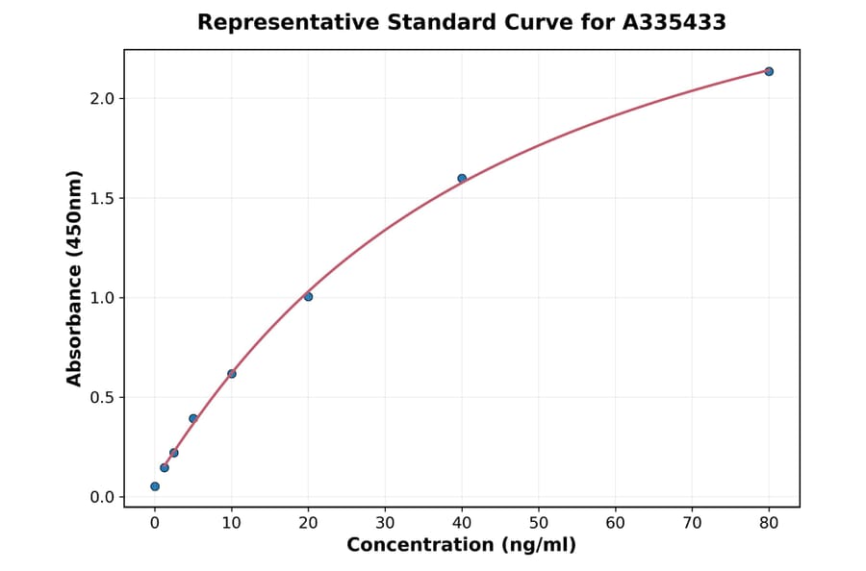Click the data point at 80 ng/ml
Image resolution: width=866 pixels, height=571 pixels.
(769, 71)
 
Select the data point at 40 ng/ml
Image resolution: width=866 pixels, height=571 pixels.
(462, 178)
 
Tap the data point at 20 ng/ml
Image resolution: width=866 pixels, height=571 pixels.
(308, 296)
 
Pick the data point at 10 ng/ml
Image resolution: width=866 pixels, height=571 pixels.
(232, 373)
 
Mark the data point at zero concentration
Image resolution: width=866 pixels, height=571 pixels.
(155, 486)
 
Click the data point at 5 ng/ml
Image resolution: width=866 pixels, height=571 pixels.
(193, 418)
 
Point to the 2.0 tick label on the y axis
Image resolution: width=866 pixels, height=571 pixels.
(102, 98)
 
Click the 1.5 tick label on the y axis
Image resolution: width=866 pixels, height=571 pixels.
(102, 198)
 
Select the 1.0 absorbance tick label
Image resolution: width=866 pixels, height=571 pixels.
(102, 298)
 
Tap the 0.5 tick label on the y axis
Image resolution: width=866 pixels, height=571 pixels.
(102, 397)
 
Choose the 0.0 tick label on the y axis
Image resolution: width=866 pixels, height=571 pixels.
(102, 497)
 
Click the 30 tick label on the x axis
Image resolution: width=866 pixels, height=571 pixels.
(385, 523)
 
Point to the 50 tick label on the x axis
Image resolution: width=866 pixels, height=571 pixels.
(539, 523)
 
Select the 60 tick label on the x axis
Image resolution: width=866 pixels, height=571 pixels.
(616, 523)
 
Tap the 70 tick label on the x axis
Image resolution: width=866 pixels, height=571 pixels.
(692, 523)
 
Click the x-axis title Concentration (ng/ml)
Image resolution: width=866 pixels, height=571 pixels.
(461, 545)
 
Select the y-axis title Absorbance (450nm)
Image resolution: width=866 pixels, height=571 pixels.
(74, 278)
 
